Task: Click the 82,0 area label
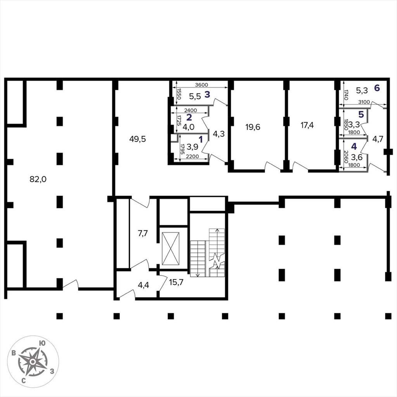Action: [38, 179]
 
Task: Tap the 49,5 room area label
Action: [138, 139]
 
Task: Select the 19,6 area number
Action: [253, 127]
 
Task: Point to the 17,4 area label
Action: [307, 125]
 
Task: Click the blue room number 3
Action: [207, 95]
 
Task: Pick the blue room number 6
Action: [377, 88]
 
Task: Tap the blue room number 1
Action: [201, 139]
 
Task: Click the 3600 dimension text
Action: [202, 85]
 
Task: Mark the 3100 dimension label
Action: [364, 102]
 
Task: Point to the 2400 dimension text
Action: [190, 110]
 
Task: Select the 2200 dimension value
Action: [192, 157]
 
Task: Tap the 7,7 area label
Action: [143, 233]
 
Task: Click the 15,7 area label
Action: [176, 282]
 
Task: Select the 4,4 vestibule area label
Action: [143, 285]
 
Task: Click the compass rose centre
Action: [33, 362]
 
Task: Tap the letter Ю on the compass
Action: [43, 343]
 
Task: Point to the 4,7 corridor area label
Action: [378, 139]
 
